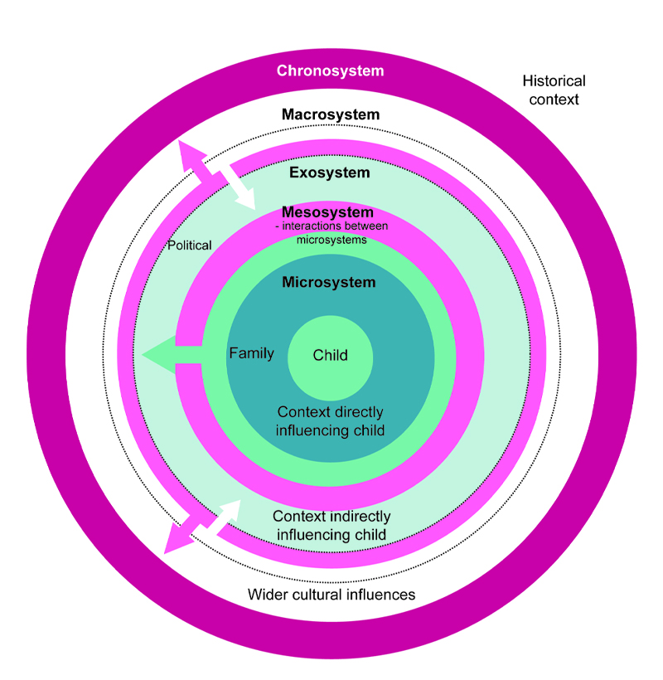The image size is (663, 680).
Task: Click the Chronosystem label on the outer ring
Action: click(330, 70)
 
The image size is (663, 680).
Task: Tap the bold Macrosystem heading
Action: click(330, 114)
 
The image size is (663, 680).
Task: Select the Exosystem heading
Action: click(329, 173)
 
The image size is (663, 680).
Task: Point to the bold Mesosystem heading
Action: click(327, 212)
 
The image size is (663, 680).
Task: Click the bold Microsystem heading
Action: click(328, 283)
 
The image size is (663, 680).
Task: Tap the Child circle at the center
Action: click(330, 356)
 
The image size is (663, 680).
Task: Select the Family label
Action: click(251, 354)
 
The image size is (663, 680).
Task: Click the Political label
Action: click(190, 245)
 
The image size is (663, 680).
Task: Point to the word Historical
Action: click(554, 81)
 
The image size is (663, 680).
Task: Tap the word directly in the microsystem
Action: click(359, 412)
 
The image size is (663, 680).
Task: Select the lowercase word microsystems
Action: click(331, 240)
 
